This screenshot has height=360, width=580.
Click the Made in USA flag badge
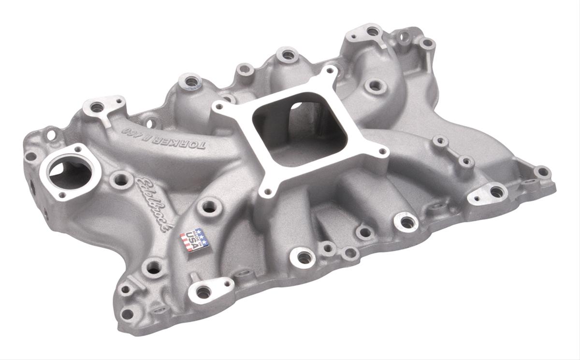pyautogui.click(x=194, y=240)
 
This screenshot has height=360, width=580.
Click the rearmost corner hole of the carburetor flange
pyautogui.click(x=330, y=71)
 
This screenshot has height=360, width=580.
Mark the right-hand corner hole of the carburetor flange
pyautogui.click(x=382, y=152)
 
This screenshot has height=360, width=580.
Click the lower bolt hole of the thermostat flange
pyautogui.click(x=61, y=196)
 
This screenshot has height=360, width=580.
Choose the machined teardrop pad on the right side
pyautogui.click(x=496, y=192)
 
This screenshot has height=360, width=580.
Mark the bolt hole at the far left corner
pyautogui.click(x=31, y=156)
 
